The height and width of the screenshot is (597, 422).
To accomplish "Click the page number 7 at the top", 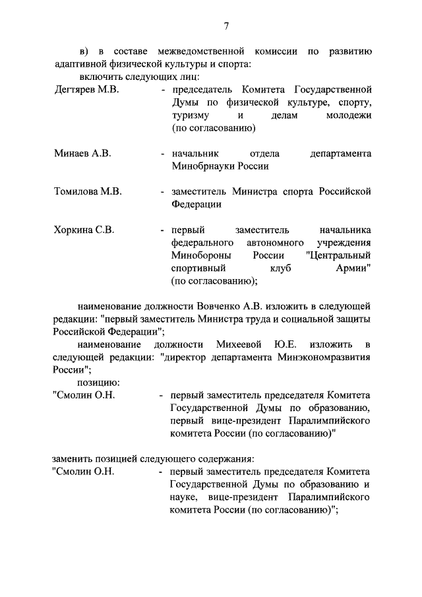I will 226,26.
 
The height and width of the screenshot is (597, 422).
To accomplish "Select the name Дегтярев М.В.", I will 86,90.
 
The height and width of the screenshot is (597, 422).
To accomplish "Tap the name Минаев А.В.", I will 82,154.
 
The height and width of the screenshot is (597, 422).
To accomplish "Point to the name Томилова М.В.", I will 88,192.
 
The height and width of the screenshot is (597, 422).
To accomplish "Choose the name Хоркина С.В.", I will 84,230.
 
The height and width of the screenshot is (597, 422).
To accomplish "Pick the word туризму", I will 191,115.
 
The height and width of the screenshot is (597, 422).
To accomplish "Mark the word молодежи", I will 347,115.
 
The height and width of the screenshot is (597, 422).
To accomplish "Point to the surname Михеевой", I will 237,345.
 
